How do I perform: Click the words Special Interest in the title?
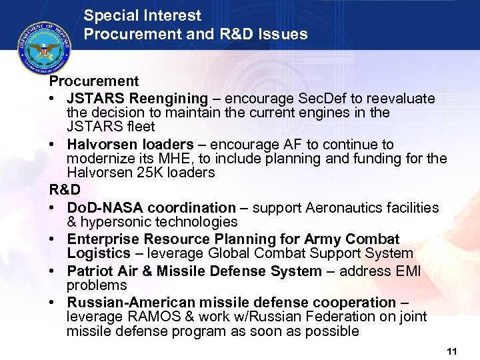pos(143,15)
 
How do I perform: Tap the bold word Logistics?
pos(99,253)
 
